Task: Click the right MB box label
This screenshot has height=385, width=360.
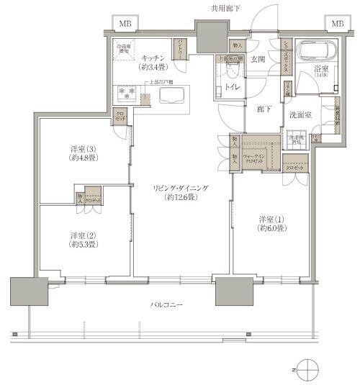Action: (x=337, y=23)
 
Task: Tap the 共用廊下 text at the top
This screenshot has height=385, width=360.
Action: (x=225, y=9)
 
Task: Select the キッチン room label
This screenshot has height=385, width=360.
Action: (x=154, y=58)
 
